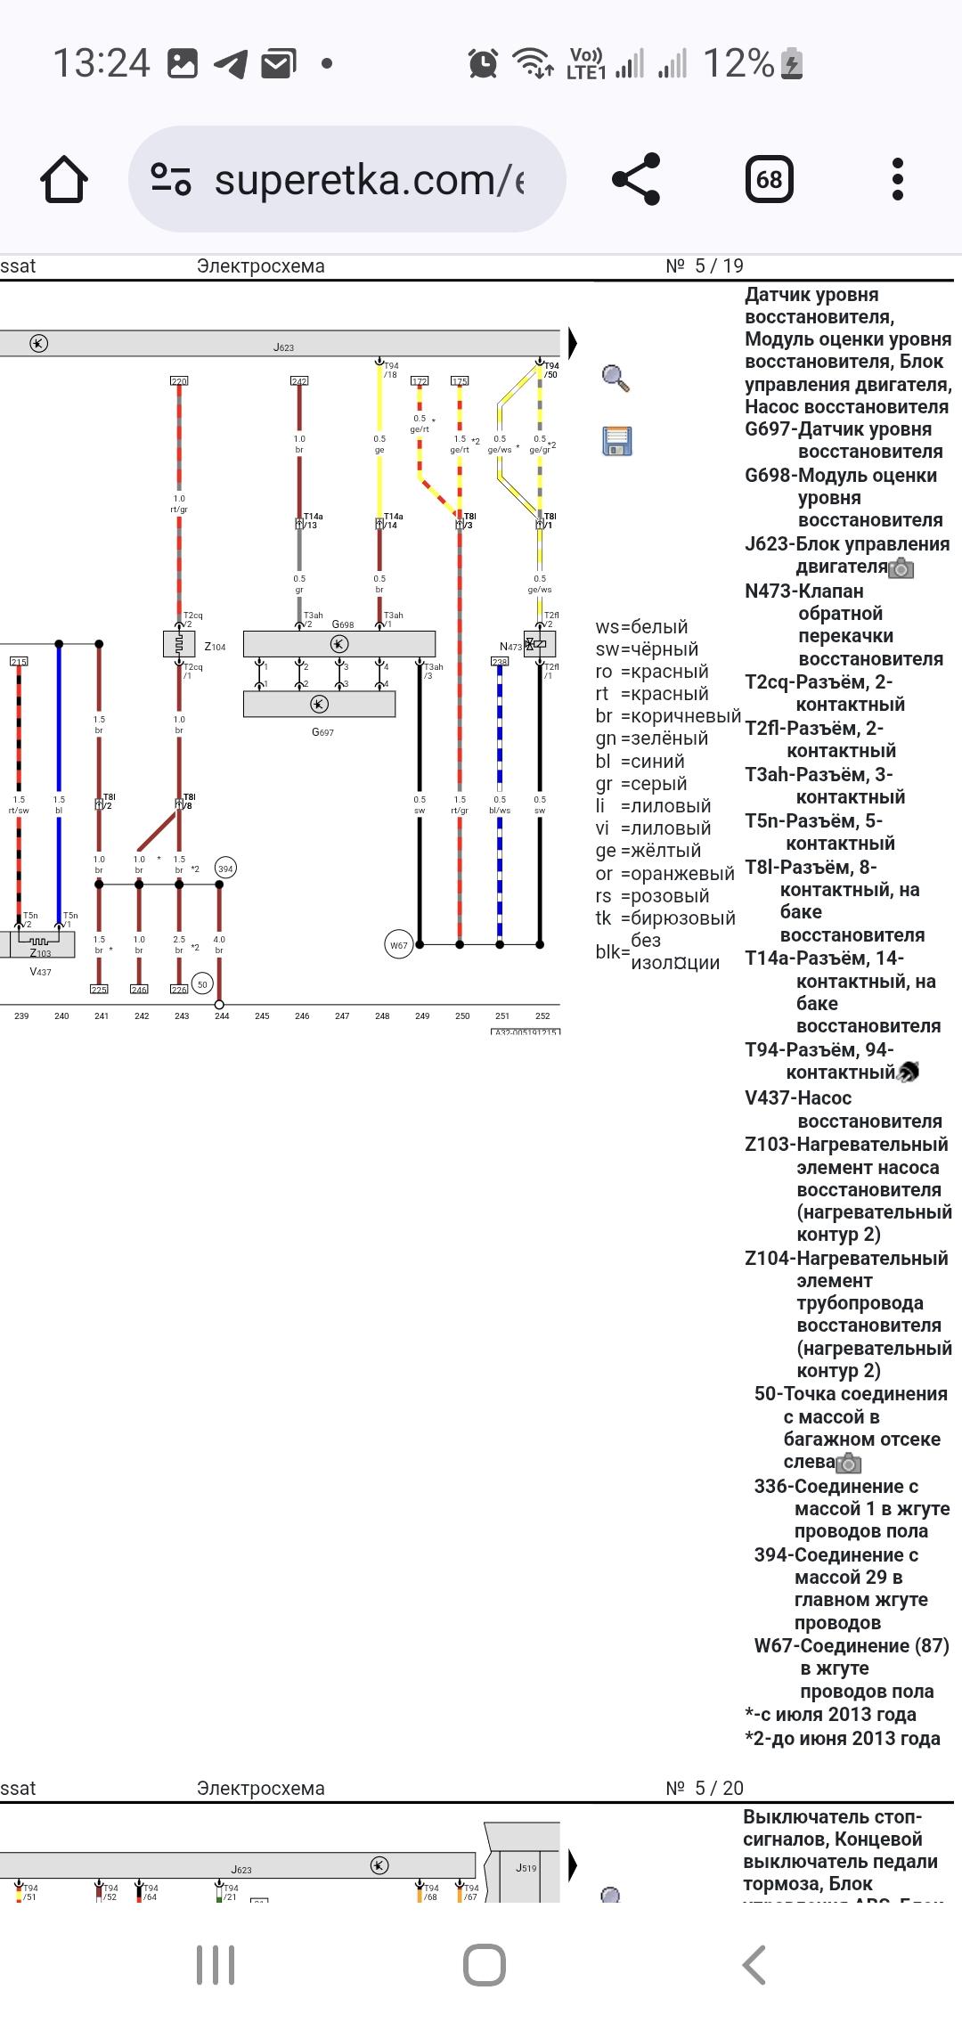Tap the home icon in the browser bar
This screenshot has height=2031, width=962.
click(x=64, y=179)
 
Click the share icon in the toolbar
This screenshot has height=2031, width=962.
click(x=636, y=179)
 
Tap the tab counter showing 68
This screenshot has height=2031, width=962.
click(x=769, y=179)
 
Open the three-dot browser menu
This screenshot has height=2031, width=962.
click(x=897, y=179)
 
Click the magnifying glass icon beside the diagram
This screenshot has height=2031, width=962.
click(x=616, y=378)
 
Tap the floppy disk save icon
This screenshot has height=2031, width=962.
click(x=616, y=441)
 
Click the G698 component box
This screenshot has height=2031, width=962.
click(x=339, y=644)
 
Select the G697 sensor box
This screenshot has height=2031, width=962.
click(x=319, y=705)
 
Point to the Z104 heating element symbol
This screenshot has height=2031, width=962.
click(x=179, y=643)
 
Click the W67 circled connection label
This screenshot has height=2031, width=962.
click(x=398, y=945)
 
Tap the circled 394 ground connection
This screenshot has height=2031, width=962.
click(x=225, y=869)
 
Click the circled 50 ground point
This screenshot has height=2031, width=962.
click(x=202, y=983)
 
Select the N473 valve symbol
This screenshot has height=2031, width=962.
click(x=539, y=644)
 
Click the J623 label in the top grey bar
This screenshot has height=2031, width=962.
click(x=283, y=347)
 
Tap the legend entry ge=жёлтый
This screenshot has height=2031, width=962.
click(x=648, y=851)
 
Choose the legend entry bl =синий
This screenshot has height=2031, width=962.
click(x=640, y=762)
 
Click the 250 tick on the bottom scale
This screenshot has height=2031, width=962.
click(x=462, y=1015)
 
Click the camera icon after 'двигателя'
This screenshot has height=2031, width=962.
click(x=901, y=567)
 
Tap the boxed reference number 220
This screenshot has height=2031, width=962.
click(x=179, y=381)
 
